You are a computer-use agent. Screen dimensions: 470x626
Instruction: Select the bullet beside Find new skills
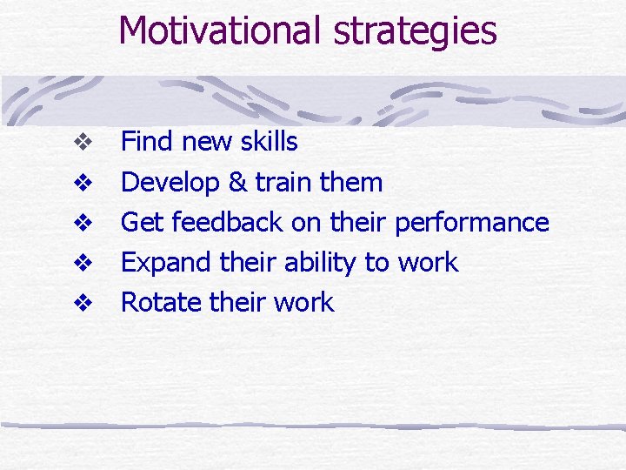point(83,142)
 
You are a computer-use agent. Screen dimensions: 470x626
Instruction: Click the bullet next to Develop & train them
point(83,183)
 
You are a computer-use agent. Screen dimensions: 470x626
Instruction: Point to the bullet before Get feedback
point(83,223)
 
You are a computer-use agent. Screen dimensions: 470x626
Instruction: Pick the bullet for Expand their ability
point(83,263)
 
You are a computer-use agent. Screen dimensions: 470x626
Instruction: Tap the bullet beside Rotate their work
point(83,303)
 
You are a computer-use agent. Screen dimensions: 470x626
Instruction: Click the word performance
point(472,224)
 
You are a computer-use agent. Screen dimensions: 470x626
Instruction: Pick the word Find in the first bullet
point(144,142)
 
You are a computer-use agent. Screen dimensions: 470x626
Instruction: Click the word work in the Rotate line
point(303,303)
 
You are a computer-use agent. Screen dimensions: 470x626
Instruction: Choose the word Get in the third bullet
point(142,223)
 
